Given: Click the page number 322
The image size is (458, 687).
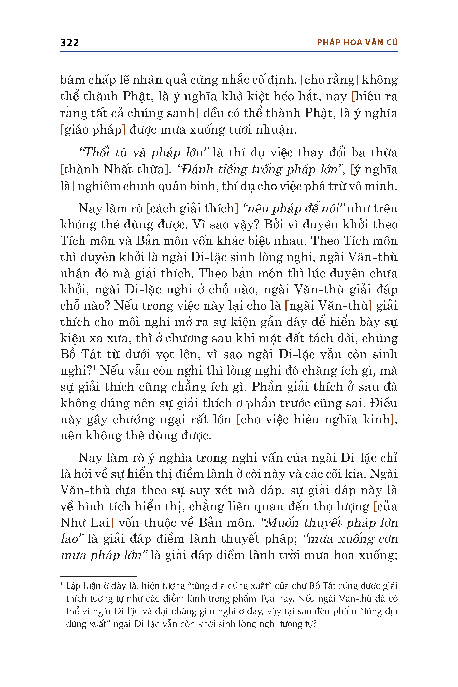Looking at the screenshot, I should [x=69, y=43].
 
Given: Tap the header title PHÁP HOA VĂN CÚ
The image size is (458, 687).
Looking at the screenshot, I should [x=357, y=43].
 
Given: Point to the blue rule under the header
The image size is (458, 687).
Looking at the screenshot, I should [x=229, y=52].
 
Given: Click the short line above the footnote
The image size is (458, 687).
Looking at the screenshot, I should [x=98, y=576].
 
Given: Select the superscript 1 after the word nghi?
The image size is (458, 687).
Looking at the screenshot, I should [x=94, y=368].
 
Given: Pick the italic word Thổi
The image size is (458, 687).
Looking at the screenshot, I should [x=96, y=152].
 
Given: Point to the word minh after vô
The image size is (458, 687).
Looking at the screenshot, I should [x=383, y=186].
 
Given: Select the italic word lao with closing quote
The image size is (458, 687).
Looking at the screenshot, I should [x=71, y=539].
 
